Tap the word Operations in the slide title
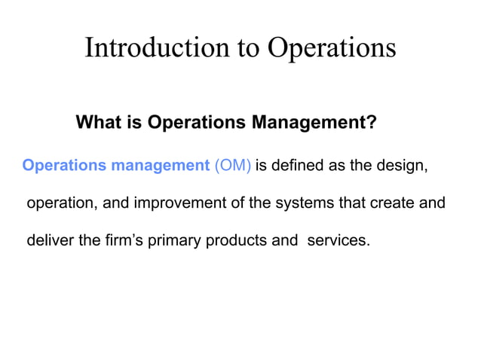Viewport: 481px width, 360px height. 332,47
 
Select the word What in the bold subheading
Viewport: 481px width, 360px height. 99,122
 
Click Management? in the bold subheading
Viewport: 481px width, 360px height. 320,122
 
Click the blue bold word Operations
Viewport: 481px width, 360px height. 66,166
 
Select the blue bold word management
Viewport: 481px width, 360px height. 161,166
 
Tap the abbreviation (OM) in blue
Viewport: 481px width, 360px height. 233,166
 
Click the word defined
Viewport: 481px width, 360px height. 299,166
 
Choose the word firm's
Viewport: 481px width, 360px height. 118,241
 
